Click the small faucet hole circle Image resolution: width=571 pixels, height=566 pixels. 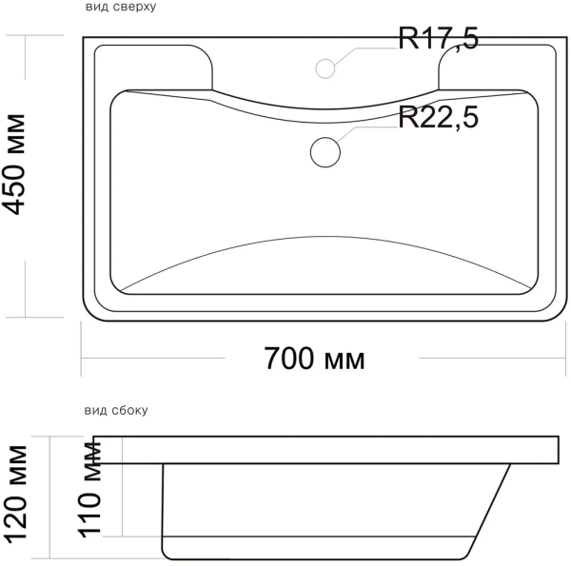[325, 68]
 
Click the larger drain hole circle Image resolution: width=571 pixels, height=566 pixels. [325, 150]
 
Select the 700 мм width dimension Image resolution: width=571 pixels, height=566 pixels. [314, 360]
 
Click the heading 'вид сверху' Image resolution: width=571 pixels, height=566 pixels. [120, 7]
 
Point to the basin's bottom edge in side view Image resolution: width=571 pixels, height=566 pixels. [314, 557]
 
